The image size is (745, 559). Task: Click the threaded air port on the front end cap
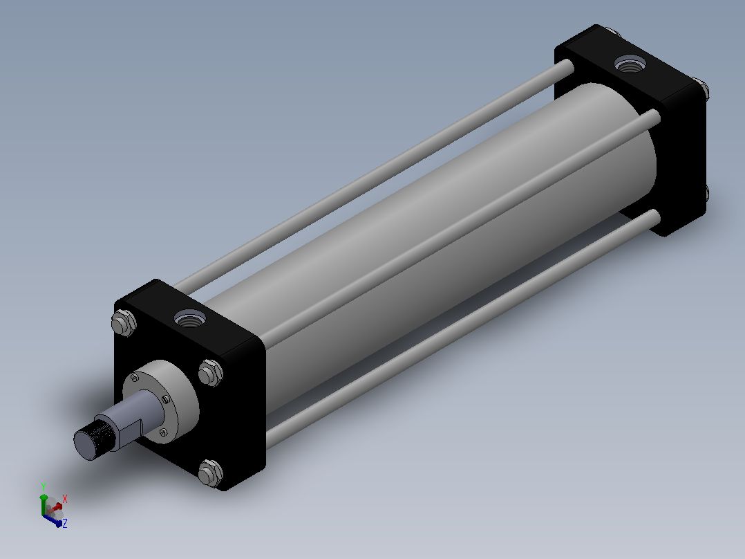[190, 318]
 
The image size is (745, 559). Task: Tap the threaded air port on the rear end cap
[630, 64]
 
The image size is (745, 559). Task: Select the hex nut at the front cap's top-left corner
[124, 322]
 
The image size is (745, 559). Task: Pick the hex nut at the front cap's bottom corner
[210, 473]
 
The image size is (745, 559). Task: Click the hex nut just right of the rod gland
[210, 372]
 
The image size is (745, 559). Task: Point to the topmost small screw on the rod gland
[135, 378]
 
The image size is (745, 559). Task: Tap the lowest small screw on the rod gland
[164, 432]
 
